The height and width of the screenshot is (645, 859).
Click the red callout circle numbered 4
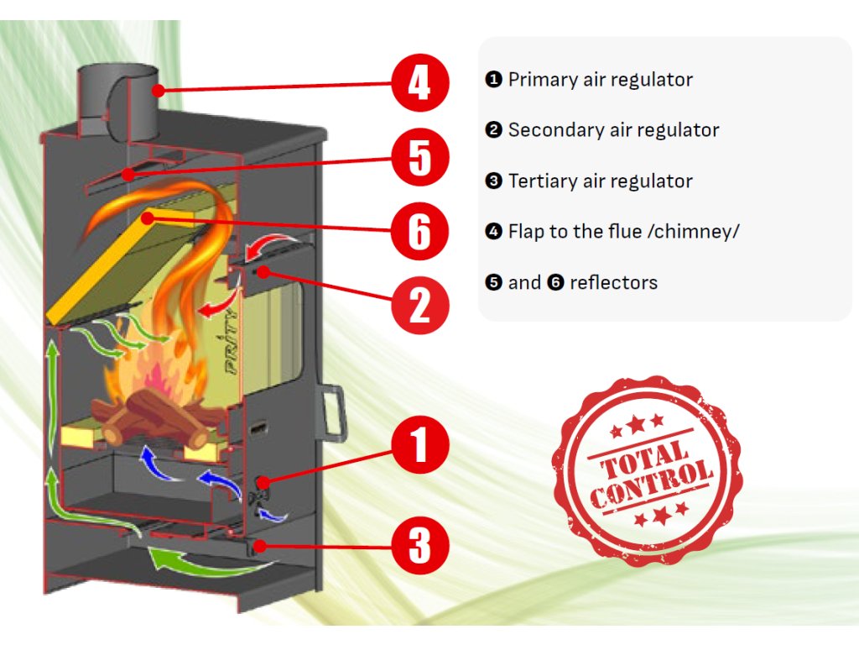419,83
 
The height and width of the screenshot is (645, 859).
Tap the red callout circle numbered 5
419,157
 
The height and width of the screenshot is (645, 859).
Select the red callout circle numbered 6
419,229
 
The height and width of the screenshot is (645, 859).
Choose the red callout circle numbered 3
419,546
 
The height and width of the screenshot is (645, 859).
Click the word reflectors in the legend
613,283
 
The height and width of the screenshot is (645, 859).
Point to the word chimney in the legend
695,232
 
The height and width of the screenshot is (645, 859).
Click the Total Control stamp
648,470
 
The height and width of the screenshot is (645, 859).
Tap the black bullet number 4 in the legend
493,232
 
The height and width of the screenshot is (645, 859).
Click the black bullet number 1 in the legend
493,81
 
